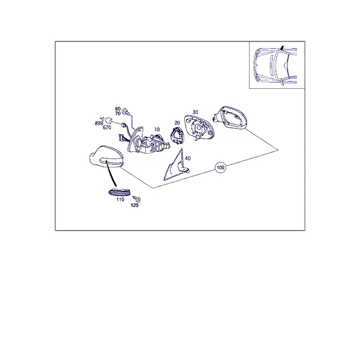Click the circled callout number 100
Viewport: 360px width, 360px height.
coord(220,167)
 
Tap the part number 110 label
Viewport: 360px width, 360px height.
coord(120,200)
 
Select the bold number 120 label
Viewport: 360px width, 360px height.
coord(134,205)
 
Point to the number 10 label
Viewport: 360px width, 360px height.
coord(157,130)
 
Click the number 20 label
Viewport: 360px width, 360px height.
coord(177,123)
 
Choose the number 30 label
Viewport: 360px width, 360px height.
coord(195,112)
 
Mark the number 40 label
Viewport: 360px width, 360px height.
coord(188,158)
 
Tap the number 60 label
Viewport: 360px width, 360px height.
coord(118,109)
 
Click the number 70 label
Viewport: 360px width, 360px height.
coord(118,113)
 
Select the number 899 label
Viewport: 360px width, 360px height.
coord(99,123)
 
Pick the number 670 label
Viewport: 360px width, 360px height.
coord(107,127)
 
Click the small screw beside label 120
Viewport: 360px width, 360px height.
coord(137,199)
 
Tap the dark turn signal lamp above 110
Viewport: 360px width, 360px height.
coord(119,192)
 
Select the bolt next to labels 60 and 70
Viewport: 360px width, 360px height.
coord(126,112)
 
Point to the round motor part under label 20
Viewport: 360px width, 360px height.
coord(177,136)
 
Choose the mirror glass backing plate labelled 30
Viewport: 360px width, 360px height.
coord(199,128)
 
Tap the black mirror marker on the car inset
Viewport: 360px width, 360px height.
coord(282,48)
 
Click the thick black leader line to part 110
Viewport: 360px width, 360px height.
coord(112,173)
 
